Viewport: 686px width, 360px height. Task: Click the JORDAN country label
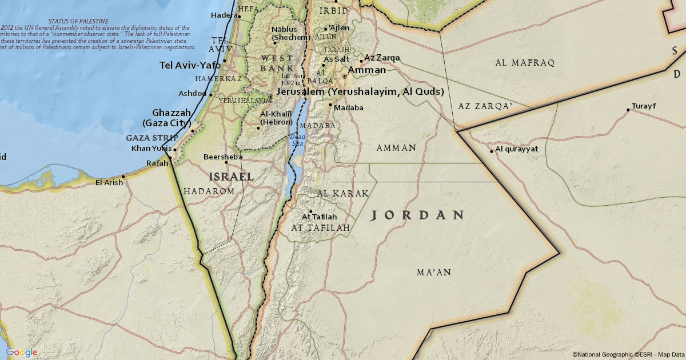417,215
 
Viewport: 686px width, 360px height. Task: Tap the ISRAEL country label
231,177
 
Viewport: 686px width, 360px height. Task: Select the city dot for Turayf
628,110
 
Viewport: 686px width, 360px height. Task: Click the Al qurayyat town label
517,150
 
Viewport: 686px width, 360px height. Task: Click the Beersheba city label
223,157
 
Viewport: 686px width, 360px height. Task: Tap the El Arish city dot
123,177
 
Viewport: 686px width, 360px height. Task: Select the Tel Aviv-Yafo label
190,65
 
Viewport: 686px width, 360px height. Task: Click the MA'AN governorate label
434,273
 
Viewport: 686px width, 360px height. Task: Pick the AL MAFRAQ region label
525,63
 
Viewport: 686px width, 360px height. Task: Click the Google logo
22,352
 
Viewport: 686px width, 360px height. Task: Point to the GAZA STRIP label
151,138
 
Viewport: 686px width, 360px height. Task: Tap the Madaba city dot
330,105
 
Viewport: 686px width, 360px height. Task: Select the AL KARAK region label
342,194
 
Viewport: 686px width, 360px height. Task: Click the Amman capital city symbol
344,75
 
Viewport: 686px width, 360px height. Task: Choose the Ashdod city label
192,93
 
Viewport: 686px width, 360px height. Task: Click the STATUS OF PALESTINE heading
78,21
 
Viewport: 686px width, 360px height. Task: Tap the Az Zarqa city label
382,58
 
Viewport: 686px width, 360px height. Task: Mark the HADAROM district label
209,191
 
